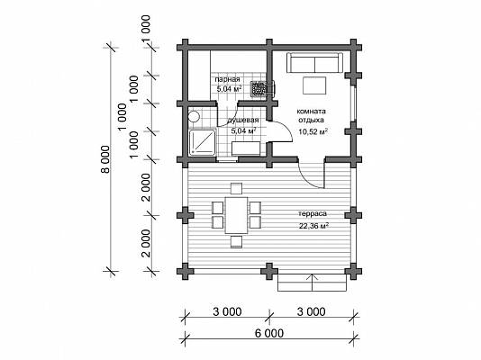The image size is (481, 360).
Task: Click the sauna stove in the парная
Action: pyautogui.click(x=259, y=88)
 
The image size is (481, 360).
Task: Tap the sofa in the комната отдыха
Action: pyautogui.click(x=314, y=63)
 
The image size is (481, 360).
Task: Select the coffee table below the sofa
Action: pyautogui.click(x=314, y=85)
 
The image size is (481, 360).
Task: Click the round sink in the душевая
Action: pyautogui.click(x=194, y=116)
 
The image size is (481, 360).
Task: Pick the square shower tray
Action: pyautogui.click(x=203, y=142)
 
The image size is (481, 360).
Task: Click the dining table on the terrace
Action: pyautogui.click(x=236, y=215)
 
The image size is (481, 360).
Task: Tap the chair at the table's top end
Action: pyautogui.click(x=236, y=188)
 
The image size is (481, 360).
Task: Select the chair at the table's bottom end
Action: pyautogui.click(x=236, y=241)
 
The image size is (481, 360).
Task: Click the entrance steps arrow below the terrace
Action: pyautogui.click(x=313, y=283)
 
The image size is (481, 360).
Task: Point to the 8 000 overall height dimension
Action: pyautogui.click(x=105, y=159)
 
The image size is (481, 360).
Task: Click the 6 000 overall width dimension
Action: pyautogui.click(x=269, y=333)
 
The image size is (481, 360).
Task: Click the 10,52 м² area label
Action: pyautogui.click(x=313, y=131)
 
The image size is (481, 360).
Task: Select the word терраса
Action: pyautogui.click(x=313, y=213)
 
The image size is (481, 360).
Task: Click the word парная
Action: pyautogui.click(x=227, y=79)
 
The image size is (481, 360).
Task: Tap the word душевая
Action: pyautogui.click(x=243, y=120)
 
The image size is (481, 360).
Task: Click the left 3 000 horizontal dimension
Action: pyautogui.click(x=227, y=311)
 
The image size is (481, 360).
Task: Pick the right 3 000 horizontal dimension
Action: pyautogui.click(x=311, y=311)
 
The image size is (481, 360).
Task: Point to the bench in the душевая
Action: pyautogui.click(x=246, y=148)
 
